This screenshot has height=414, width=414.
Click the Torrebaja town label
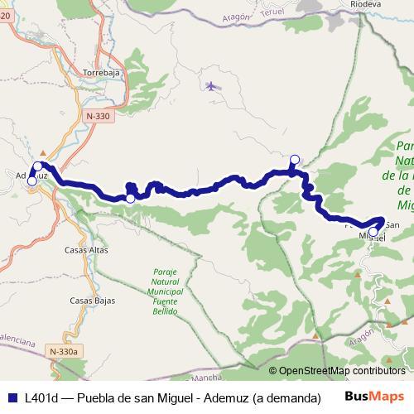[103, 73]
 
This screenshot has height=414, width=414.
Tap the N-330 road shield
[97, 117]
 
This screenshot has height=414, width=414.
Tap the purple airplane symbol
[211, 85]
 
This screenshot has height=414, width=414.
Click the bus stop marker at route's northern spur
[294, 160]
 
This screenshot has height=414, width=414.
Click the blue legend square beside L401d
[12, 397]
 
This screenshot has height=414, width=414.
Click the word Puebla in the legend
[97, 397]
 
